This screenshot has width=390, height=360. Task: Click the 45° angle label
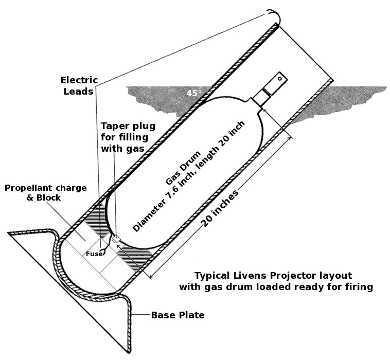[194, 93]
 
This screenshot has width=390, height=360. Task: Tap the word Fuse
[93, 253]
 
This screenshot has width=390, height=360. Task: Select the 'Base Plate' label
[178, 315]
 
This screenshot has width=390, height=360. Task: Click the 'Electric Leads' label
[77, 86]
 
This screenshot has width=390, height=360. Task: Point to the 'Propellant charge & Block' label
[46, 192]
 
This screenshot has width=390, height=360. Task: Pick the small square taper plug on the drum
[116, 239]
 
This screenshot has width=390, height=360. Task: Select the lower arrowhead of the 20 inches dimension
[151, 276]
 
